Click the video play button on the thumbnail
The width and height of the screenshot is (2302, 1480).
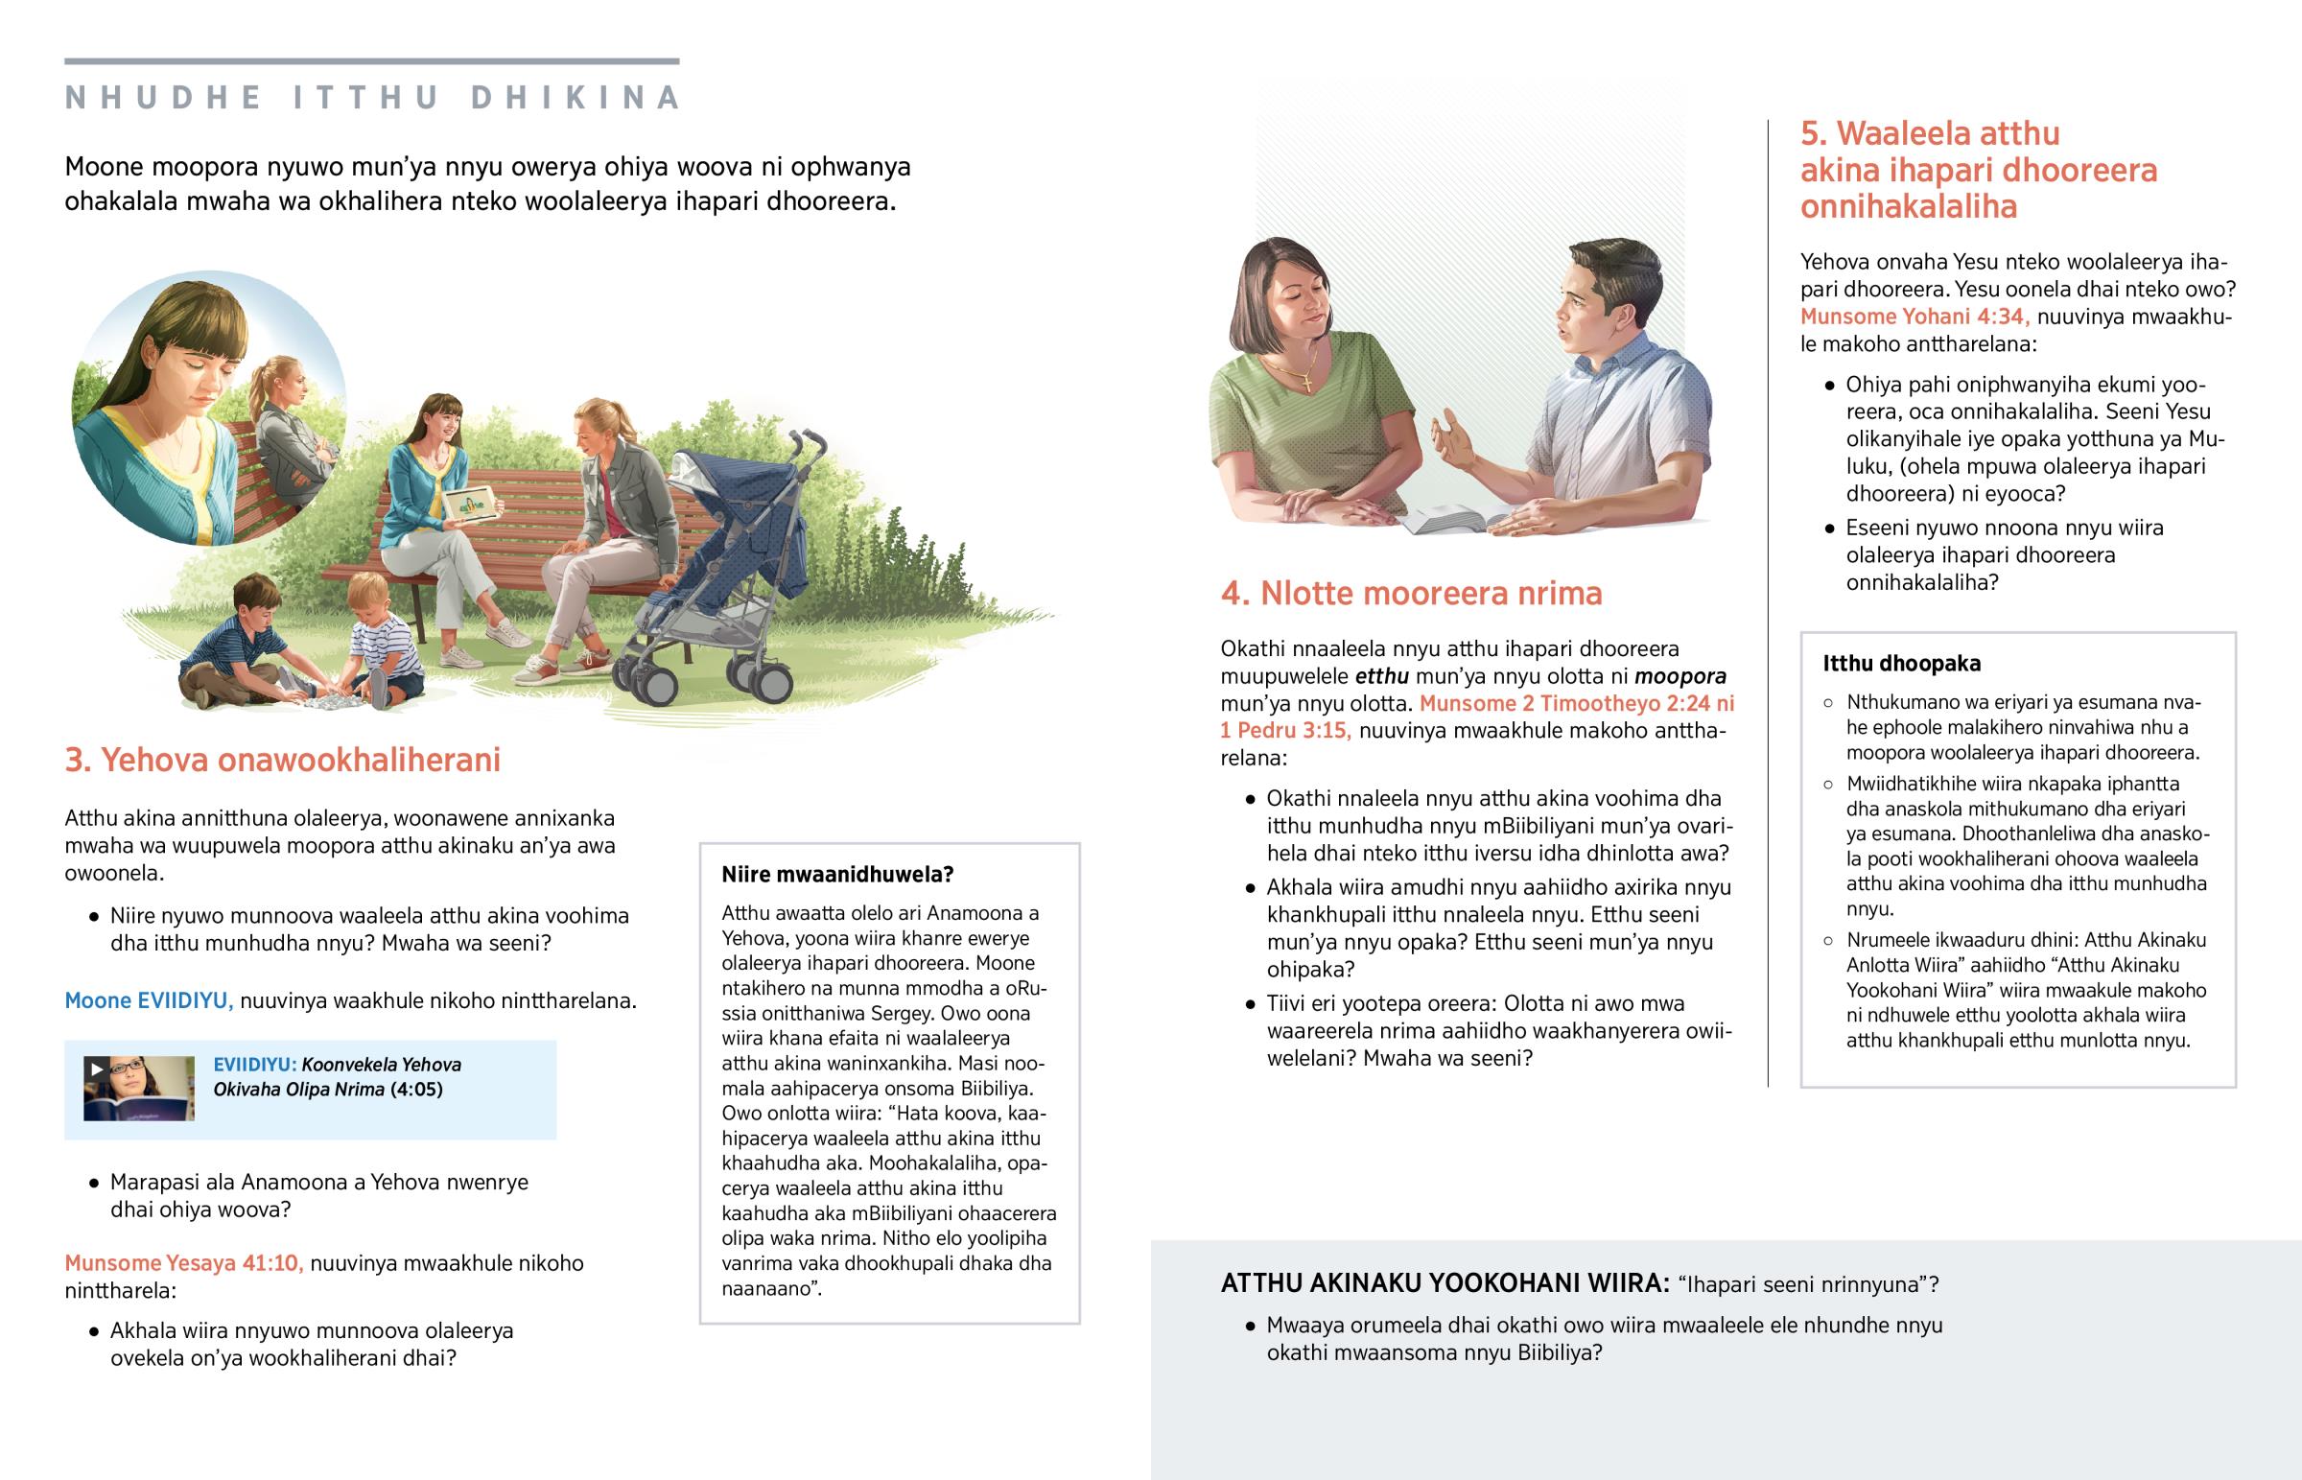click(96, 1069)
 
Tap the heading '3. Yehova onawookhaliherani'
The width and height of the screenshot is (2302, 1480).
click(282, 761)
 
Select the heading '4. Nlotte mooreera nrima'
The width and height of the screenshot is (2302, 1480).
click(1410, 594)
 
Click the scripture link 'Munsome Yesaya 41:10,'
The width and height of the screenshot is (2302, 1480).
click(183, 1263)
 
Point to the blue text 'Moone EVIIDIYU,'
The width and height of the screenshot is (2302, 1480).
click(149, 1000)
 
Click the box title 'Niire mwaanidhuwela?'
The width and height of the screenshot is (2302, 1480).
click(836, 875)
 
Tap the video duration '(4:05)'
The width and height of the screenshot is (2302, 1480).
click(416, 1089)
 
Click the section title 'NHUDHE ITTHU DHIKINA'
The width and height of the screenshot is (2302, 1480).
click(373, 98)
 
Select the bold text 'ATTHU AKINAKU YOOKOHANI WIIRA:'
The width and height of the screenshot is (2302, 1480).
click(1445, 1283)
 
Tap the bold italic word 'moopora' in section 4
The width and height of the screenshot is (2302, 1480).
click(1680, 675)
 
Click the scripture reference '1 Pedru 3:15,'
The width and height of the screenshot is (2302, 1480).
click(1284, 730)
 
